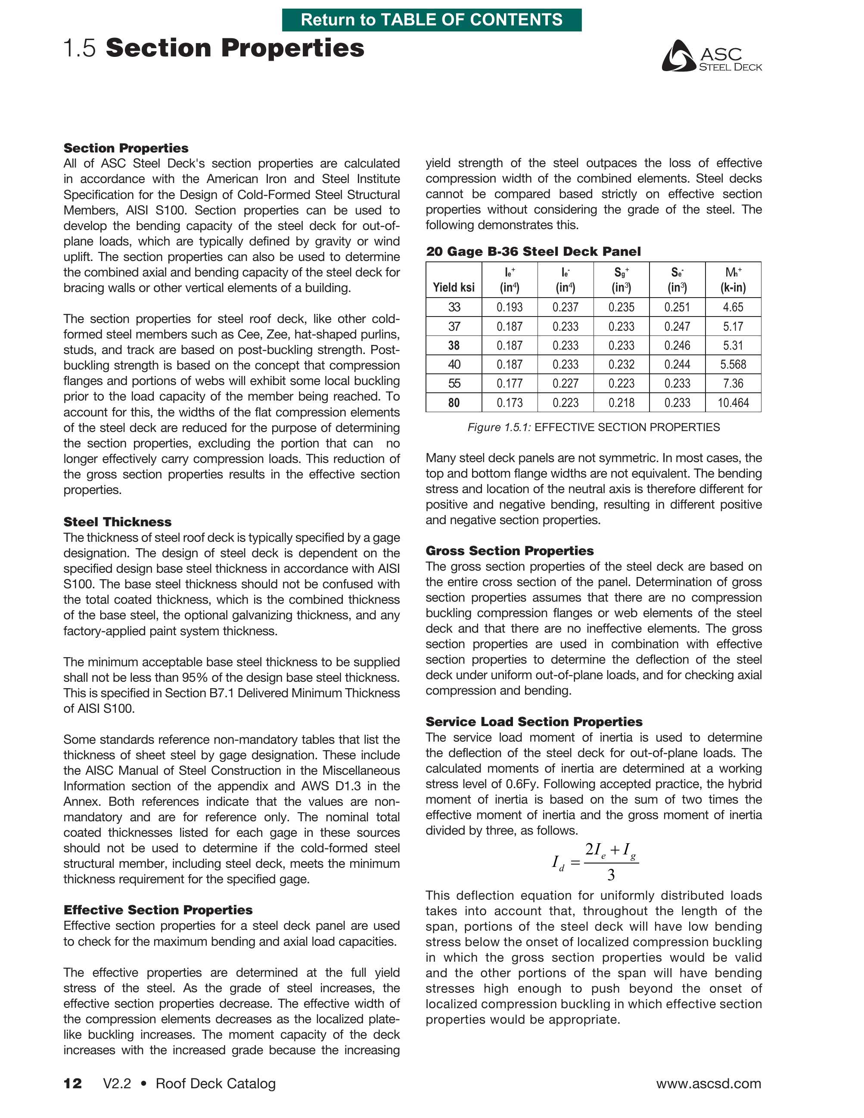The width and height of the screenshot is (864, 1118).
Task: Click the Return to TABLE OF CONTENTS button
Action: click(432, 20)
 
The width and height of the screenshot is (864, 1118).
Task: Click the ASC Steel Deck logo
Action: click(711, 56)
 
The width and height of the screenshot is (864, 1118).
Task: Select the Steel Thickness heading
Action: click(117, 522)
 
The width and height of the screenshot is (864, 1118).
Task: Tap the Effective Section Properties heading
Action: click(158, 910)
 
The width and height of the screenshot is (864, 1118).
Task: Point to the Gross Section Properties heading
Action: click(509, 550)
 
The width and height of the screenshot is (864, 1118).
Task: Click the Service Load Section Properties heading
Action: click(534, 721)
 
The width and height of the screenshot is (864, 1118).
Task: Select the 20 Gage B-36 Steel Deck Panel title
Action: click(533, 252)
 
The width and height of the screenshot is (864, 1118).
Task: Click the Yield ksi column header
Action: click(454, 287)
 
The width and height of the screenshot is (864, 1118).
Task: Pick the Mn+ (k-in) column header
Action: click(733, 280)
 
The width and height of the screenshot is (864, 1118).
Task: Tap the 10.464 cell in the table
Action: click(733, 403)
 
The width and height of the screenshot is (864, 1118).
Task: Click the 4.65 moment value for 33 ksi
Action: click(733, 307)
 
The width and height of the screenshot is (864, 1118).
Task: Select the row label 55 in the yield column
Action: click(454, 383)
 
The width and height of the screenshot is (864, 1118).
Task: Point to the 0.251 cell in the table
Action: click(677, 307)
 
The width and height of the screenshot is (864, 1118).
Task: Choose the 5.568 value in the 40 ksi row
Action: click(733, 364)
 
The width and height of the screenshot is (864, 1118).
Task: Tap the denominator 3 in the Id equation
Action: click(611, 875)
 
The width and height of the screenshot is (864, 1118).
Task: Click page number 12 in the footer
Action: click(72, 1083)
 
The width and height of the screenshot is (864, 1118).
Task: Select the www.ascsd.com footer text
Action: click(709, 1083)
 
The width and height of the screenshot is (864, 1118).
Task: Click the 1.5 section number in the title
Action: click(79, 48)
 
